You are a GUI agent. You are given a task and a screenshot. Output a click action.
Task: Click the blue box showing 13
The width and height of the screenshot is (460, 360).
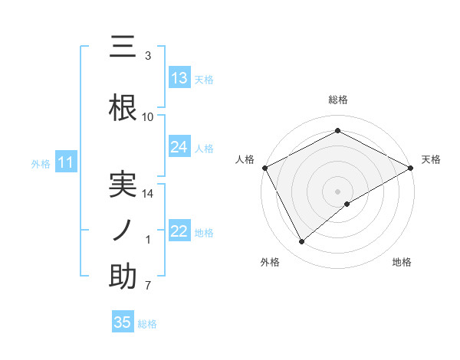[179, 78]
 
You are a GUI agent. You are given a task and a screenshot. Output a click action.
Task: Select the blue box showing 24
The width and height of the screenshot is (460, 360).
[179, 147]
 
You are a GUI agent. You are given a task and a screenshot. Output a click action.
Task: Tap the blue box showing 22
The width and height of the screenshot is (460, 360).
[179, 231]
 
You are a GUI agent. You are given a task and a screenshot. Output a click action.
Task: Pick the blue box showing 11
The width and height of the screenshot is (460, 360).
[65, 162]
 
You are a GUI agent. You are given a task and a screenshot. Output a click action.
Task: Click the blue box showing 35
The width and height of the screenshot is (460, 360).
[123, 322]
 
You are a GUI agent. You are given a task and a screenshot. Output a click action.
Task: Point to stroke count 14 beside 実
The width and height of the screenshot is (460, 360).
[148, 194]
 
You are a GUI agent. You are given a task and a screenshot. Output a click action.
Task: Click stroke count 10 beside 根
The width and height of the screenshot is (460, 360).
[148, 117]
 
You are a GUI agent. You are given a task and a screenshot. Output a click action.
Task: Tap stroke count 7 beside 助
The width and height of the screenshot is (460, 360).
[148, 286]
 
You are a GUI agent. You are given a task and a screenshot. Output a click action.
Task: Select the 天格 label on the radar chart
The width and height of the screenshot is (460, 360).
[431, 159]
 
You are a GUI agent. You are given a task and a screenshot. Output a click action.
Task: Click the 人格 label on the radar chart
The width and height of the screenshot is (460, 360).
[245, 159]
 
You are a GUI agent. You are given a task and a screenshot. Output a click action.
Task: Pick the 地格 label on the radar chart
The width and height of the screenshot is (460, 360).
[402, 263]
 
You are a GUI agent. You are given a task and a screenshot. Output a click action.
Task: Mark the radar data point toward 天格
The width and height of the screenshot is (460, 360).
[411, 168]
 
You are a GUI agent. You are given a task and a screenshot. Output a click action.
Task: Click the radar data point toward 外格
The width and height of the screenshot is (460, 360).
[302, 242]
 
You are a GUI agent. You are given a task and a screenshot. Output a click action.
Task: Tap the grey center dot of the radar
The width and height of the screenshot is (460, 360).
[337, 191]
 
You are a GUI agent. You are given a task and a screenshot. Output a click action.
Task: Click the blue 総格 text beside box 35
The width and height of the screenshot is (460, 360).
[148, 323]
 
